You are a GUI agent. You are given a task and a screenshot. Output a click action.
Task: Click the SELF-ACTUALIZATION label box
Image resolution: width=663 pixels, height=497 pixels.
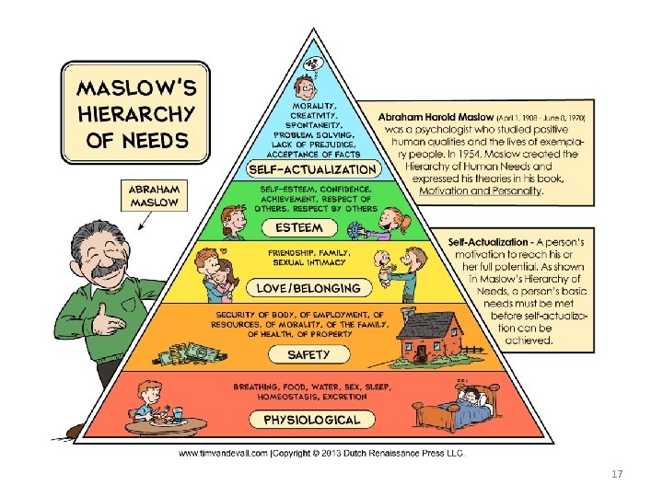[x=313, y=169]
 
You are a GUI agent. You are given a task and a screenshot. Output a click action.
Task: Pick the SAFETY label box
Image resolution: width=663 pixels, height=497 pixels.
[x=309, y=354]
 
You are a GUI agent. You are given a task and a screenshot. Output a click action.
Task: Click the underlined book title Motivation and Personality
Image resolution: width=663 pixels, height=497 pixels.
[x=479, y=191]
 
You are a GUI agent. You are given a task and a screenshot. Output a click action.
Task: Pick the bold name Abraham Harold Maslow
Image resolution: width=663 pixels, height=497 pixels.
[x=436, y=118]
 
